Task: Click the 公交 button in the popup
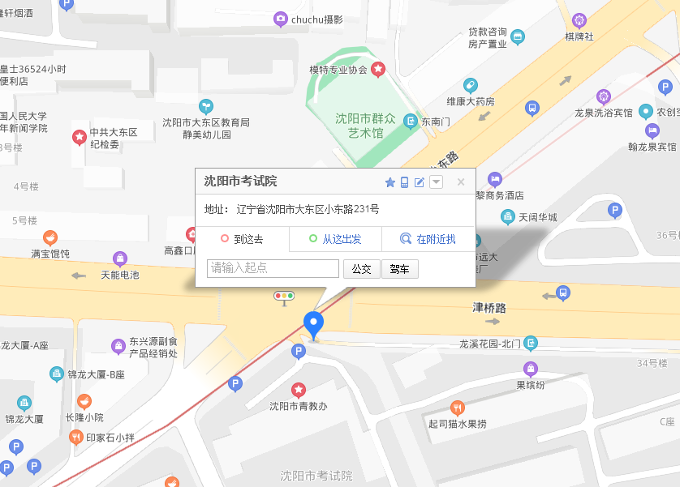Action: tap(361, 269)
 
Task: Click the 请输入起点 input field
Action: tap(273, 268)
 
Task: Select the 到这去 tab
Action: tap(242, 239)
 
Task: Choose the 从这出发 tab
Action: tap(335, 239)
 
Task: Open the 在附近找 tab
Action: tap(428, 239)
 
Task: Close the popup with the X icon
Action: tap(461, 182)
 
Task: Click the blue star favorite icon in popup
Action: tap(389, 182)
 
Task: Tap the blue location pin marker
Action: tap(313, 323)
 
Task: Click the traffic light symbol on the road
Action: tap(284, 296)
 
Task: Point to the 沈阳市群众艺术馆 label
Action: tap(365, 126)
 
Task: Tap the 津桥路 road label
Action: tap(489, 308)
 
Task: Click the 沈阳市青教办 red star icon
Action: tap(299, 390)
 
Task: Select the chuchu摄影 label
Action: tap(316, 19)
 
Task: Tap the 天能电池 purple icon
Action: tap(120, 259)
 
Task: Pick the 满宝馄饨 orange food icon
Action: tap(50, 237)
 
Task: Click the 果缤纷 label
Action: tap(531, 385)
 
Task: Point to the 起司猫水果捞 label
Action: tap(458, 424)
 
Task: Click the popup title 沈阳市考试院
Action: tap(240, 182)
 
